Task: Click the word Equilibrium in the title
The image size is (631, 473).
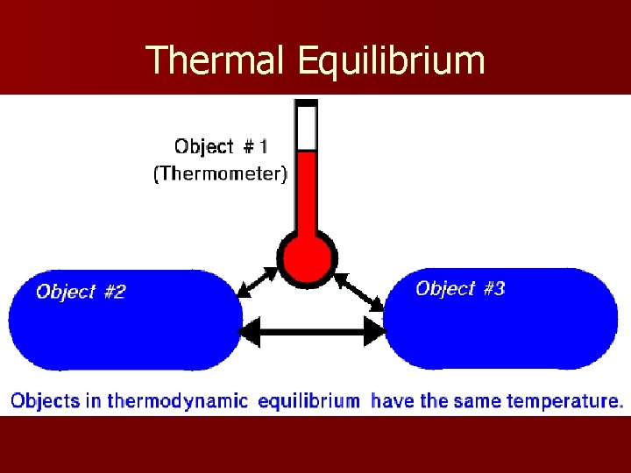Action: (x=391, y=60)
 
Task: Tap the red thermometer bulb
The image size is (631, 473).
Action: (x=307, y=258)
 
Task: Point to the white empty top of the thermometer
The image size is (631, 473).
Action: (x=307, y=128)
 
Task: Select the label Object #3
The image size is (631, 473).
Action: (x=460, y=288)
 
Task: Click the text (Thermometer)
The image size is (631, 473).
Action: (x=220, y=174)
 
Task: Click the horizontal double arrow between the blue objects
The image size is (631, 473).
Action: (x=313, y=331)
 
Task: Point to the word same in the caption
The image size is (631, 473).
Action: (x=475, y=402)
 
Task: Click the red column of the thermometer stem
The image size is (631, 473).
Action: (x=307, y=193)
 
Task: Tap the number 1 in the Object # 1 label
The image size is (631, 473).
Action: (x=264, y=146)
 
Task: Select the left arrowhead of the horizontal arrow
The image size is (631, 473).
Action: (x=250, y=331)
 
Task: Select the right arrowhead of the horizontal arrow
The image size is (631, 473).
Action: (x=375, y=331)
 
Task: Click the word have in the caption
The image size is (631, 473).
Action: (x=388, y=402)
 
